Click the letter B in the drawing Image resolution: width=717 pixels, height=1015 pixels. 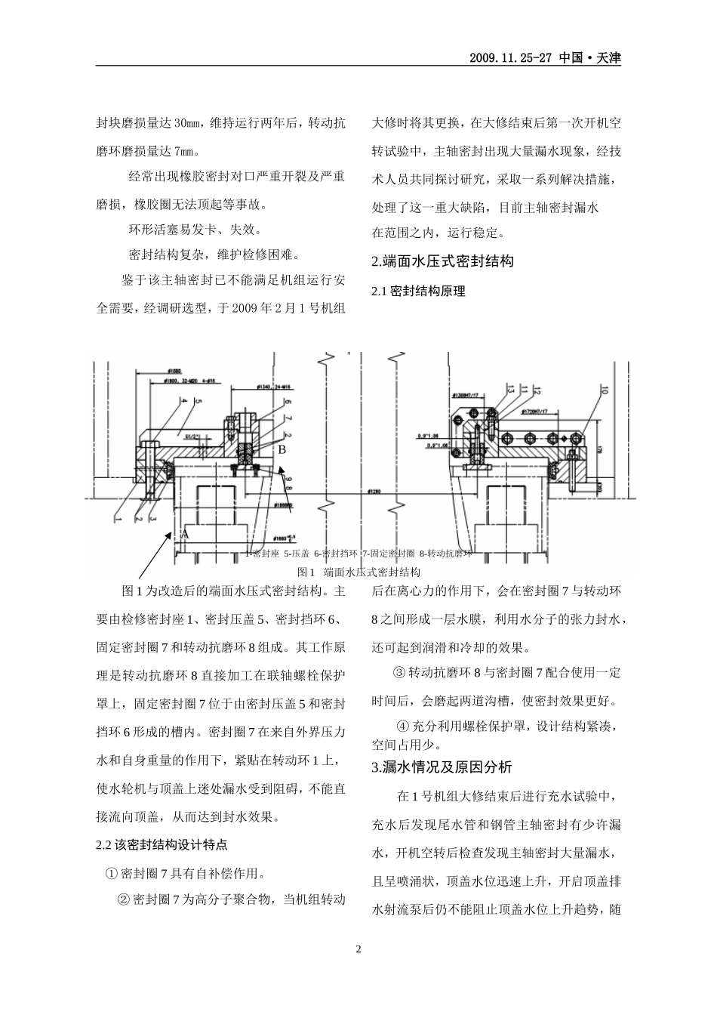tap(282, 449)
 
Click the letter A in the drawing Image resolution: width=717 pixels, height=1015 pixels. tap(184, 532)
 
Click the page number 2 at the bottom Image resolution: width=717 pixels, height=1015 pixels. tap(358, 949)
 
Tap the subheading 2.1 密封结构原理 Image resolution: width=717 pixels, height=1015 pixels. tap(419, 292)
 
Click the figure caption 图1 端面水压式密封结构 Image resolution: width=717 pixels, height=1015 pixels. tap(359, 572)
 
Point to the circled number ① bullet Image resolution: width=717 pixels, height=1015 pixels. tap(112, 874)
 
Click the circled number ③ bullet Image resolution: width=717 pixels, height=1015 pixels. tap(399, 672)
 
